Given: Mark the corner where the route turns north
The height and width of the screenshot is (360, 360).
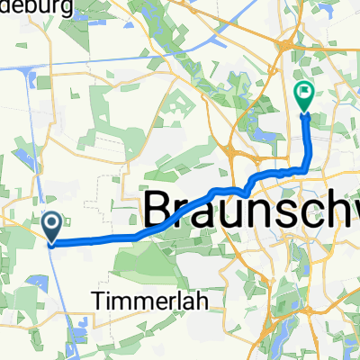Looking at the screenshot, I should tap(310, 166).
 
